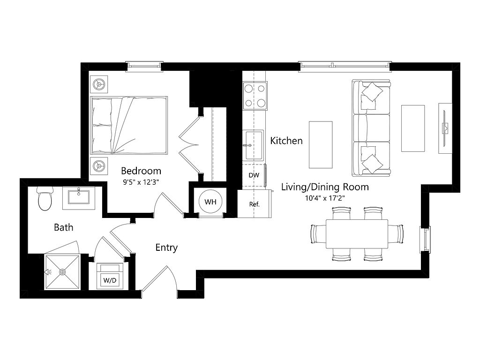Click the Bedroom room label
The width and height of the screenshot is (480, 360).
tap(141, 171)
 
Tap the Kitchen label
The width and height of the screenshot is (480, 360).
tap(286, 141)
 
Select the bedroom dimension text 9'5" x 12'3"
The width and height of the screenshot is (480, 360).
tap(141, 182)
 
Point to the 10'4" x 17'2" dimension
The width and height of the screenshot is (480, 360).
tap(325, 198)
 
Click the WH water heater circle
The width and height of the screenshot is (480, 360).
tap(210, 202)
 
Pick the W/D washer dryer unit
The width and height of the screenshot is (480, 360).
tap(110, 276)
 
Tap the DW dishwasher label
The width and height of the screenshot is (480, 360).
tap(254, 175)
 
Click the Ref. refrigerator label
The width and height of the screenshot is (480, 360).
tap(254, 204)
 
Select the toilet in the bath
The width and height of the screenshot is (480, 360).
tap(45, 199)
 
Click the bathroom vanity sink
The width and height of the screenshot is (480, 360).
tap(79, 197)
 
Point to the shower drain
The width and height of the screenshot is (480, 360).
tap(62, 272)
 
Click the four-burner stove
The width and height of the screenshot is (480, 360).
tap(255, 96)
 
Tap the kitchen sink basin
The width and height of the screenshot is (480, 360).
tap(253, 145)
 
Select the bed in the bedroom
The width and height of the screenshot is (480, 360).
tap(129, 125)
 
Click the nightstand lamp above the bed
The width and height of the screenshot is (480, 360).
tap(99, 84)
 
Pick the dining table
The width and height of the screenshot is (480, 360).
tap(357, 234)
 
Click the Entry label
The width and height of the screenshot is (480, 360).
tap(166, 247)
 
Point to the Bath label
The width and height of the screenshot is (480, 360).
tap(64, 227)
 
